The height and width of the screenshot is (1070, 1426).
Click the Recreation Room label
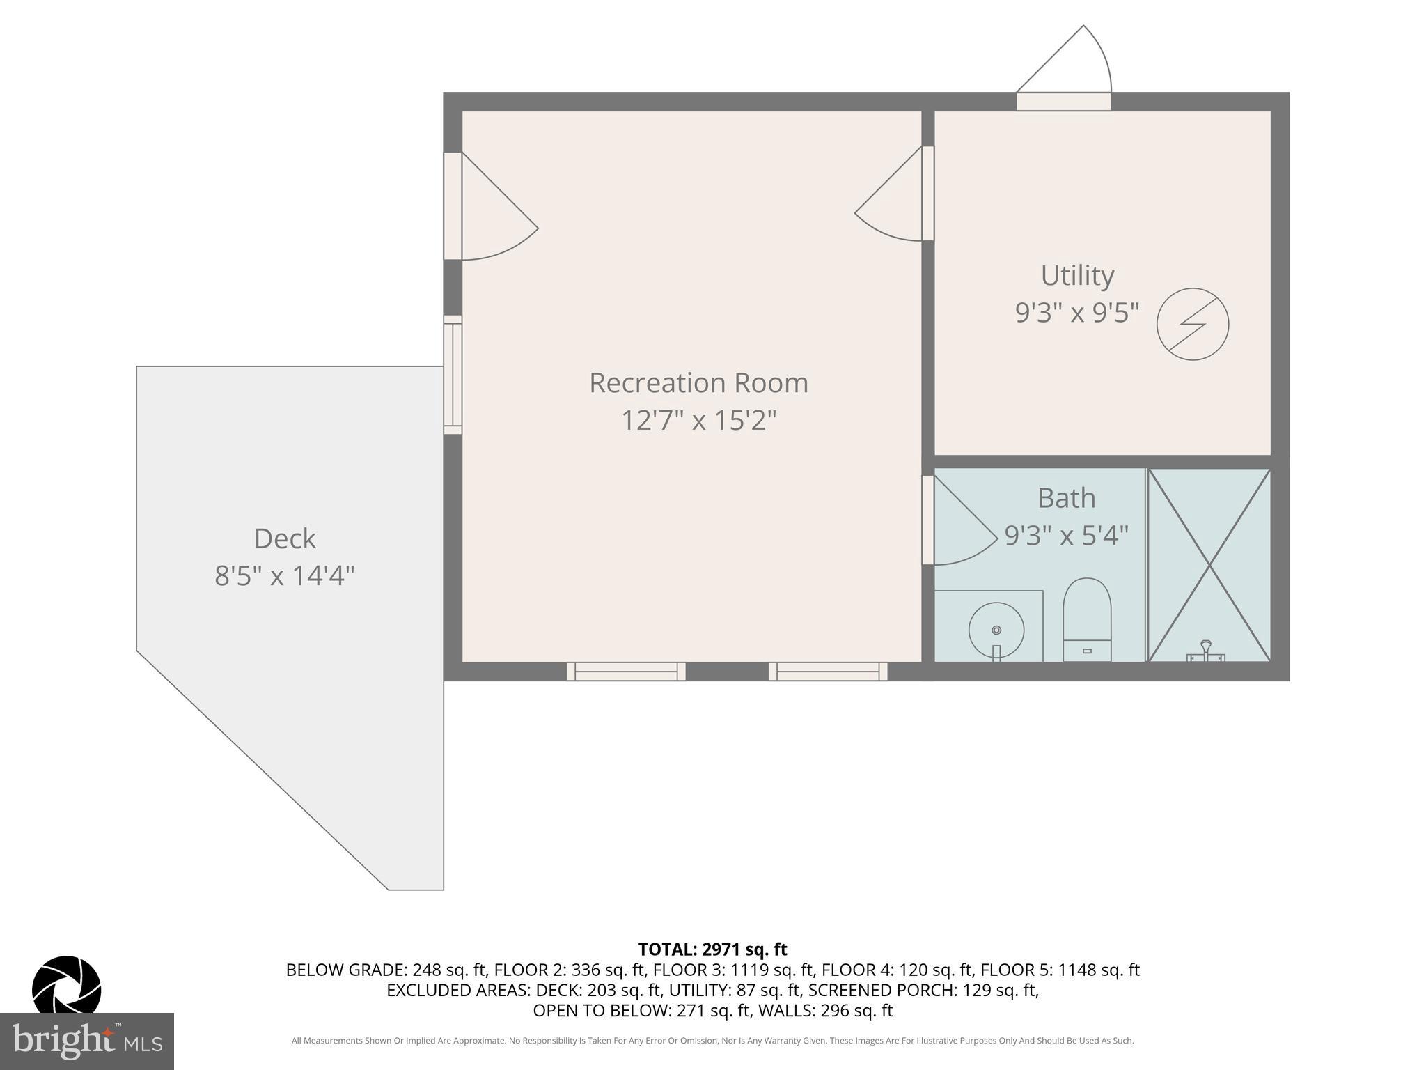coord(698,383)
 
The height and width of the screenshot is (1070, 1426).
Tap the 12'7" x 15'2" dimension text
coord(698,421)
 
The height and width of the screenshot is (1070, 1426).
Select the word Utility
coord(1077,276)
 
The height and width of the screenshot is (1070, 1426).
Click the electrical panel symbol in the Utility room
coord(1192,325)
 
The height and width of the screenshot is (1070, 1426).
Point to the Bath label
coord(1066,499)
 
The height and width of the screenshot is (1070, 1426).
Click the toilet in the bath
coord(1086,619)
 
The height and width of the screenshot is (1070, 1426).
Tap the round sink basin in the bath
coord(996,630)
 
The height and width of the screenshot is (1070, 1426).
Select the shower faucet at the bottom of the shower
coord(1205,652)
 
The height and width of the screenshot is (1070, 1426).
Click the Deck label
coord(285,539)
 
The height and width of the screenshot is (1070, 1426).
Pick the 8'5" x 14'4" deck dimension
coord(285,577)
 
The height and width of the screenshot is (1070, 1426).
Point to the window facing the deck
coord(453,375)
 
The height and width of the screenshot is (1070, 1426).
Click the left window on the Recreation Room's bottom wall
coord(626,672)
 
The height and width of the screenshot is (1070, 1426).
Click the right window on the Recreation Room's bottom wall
coord(828,672)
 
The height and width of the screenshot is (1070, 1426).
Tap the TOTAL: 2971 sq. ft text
coord(712,949)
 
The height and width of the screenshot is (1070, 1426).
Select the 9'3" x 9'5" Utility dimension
coord(1077,313)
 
